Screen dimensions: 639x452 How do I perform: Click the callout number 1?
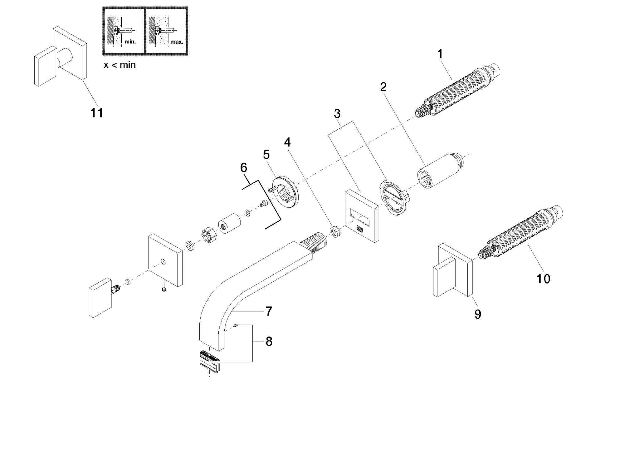pos(440,54)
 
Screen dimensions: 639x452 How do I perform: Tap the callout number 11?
pos(97,113)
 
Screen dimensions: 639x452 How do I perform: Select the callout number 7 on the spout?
pos(269,311)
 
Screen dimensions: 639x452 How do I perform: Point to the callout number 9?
pos(478,314)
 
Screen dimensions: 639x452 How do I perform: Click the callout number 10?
pos(543,279)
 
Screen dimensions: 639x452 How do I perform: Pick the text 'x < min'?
pos(120,65)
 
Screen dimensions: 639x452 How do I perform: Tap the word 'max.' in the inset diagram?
pos(177,42)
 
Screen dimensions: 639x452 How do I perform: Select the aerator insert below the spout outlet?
pos(209,361)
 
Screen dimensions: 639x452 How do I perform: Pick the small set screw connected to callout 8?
pos(237,326)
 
